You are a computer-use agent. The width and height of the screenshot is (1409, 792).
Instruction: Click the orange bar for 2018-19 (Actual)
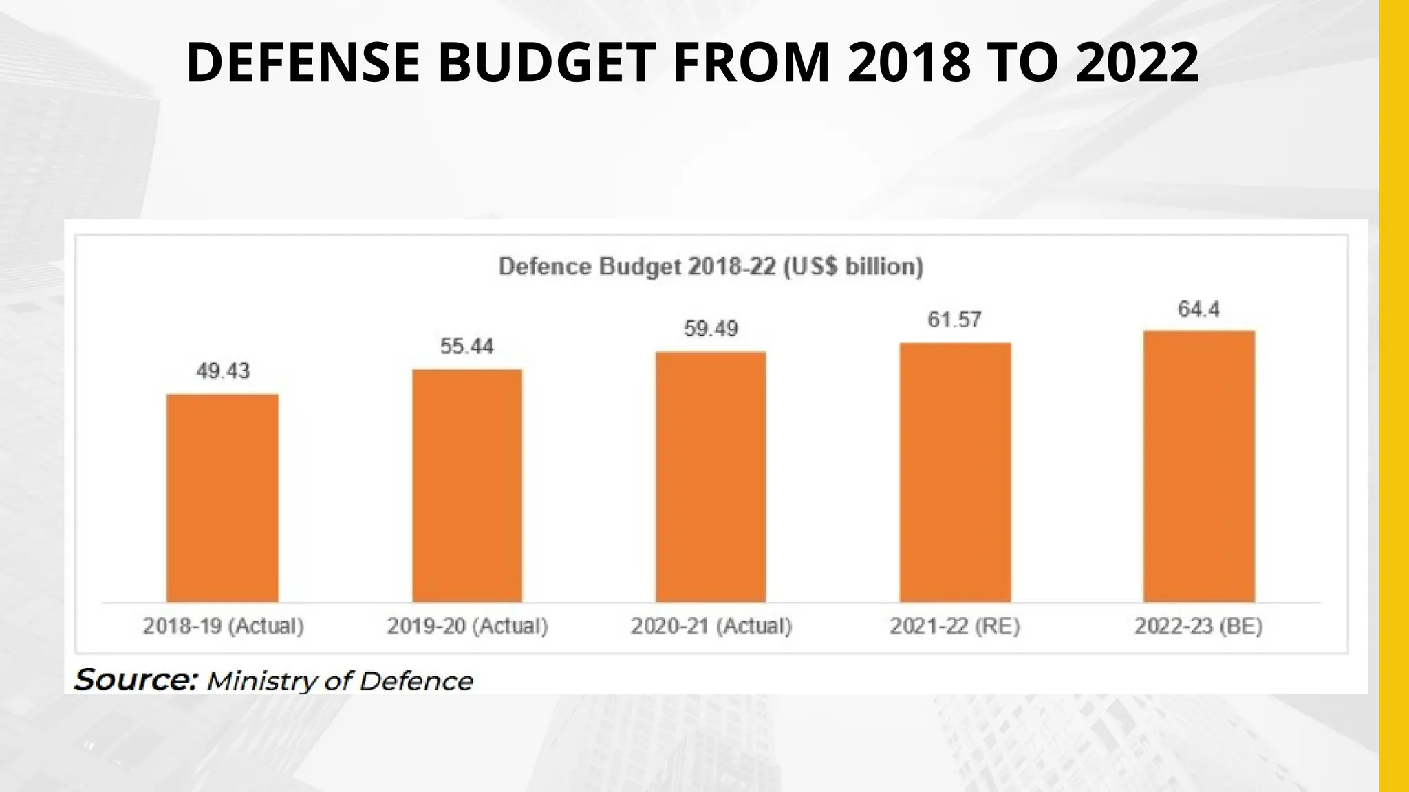pyautogui.click(x=222, y=498)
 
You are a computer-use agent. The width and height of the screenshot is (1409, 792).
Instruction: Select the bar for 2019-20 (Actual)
pyautogui.click(x=467, y=486)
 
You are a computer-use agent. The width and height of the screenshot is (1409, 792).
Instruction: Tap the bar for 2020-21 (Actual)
pyautogui.click(x=711, y=477)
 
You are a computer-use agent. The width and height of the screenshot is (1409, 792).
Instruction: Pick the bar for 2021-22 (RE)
pyautogui.click(x=955, y=472)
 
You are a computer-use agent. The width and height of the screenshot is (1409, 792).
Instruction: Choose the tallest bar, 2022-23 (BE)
pyautogui.click(x=1198, y=466)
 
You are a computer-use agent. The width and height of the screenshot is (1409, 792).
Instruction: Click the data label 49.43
pyautogui.click(x=223, y=371)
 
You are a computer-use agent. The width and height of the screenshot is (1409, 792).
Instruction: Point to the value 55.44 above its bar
pyautogui.click(x=466, y=346)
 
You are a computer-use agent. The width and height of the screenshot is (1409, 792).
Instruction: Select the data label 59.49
pyautogui.click(x=711, y=329)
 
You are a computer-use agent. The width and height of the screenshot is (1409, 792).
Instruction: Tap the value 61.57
pyautogui.click(x=954, y=320)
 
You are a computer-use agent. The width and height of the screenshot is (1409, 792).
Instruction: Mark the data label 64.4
pyautogui.click(x=1198, y=309)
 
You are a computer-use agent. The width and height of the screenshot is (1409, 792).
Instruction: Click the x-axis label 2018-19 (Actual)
pyautogui.click(x=223, y=626)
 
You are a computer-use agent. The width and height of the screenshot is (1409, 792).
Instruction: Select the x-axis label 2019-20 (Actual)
pyautogui.click(x=467, y=626)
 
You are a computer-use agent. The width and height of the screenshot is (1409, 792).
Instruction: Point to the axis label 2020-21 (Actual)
pyautogui.click(x=711, y=626)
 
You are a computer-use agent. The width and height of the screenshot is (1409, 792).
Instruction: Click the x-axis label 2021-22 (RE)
pyautogui.click(x=954, y=626)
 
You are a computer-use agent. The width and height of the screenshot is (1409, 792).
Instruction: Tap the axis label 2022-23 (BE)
pyautogui.click(x=1198, y=626)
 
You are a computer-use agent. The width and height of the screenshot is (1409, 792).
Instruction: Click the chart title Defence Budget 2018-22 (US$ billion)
pyautogui.click(x=711, y=267)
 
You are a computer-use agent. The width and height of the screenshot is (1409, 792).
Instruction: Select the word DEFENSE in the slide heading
pyautogui.click(x=303, y=63)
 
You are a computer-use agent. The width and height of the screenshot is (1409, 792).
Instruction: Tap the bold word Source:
pyautogui.click(x=136, y=680)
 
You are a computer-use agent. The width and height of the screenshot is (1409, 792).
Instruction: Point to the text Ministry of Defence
pyautogui.click(x=340, y=681)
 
